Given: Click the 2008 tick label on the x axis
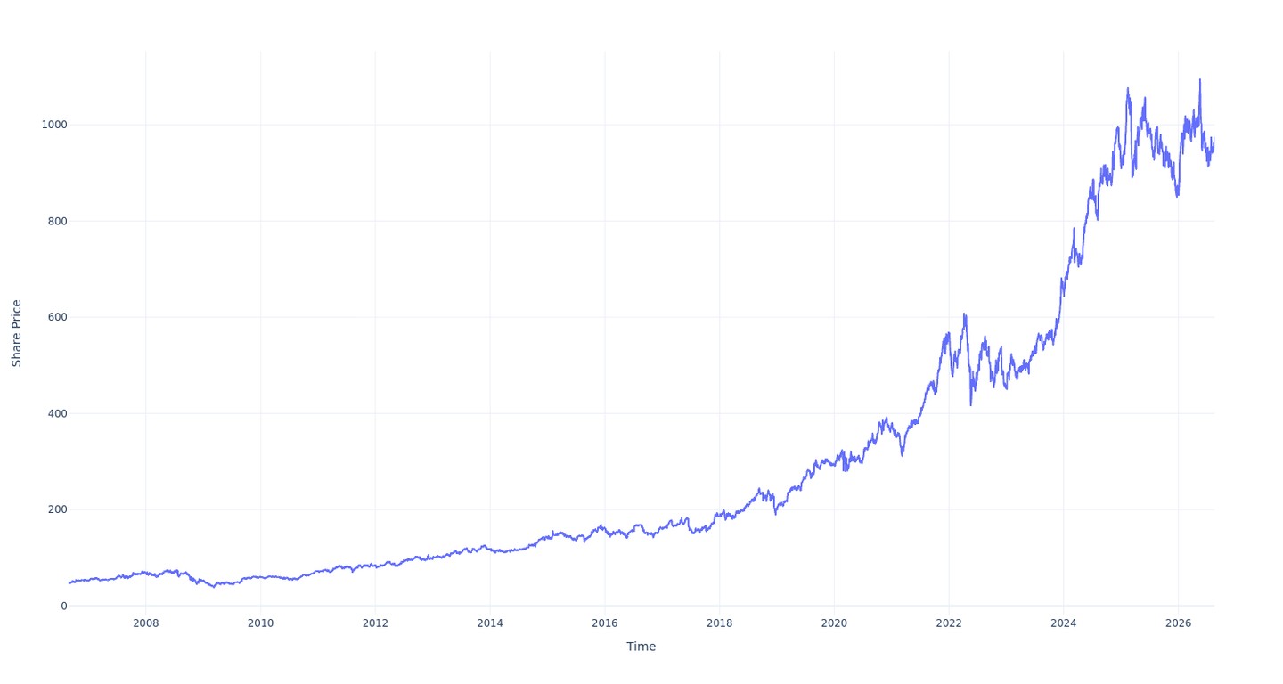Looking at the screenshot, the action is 145,623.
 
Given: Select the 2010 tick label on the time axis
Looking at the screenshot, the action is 260,623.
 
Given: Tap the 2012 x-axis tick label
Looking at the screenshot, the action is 375,623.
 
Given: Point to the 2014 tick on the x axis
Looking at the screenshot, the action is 490,623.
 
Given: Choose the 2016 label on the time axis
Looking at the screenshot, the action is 604,623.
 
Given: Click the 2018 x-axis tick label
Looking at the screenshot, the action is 719,623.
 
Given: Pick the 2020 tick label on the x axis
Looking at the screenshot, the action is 834,623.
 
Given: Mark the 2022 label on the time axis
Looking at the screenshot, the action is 949,623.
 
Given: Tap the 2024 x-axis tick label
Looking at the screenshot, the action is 1063,623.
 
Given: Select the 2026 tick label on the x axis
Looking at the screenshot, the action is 1178,623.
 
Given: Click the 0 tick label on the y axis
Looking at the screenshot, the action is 64,607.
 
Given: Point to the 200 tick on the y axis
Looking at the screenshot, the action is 58,509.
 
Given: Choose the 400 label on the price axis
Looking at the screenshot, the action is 58,413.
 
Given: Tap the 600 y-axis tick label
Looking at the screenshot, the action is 58,317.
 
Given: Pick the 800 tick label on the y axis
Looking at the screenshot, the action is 58,221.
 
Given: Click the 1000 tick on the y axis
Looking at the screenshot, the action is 54,125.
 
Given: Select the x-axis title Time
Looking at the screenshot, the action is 641,647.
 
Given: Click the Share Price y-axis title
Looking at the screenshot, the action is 17,333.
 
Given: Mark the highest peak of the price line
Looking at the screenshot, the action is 1200,79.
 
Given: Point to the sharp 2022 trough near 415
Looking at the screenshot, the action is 971,405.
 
